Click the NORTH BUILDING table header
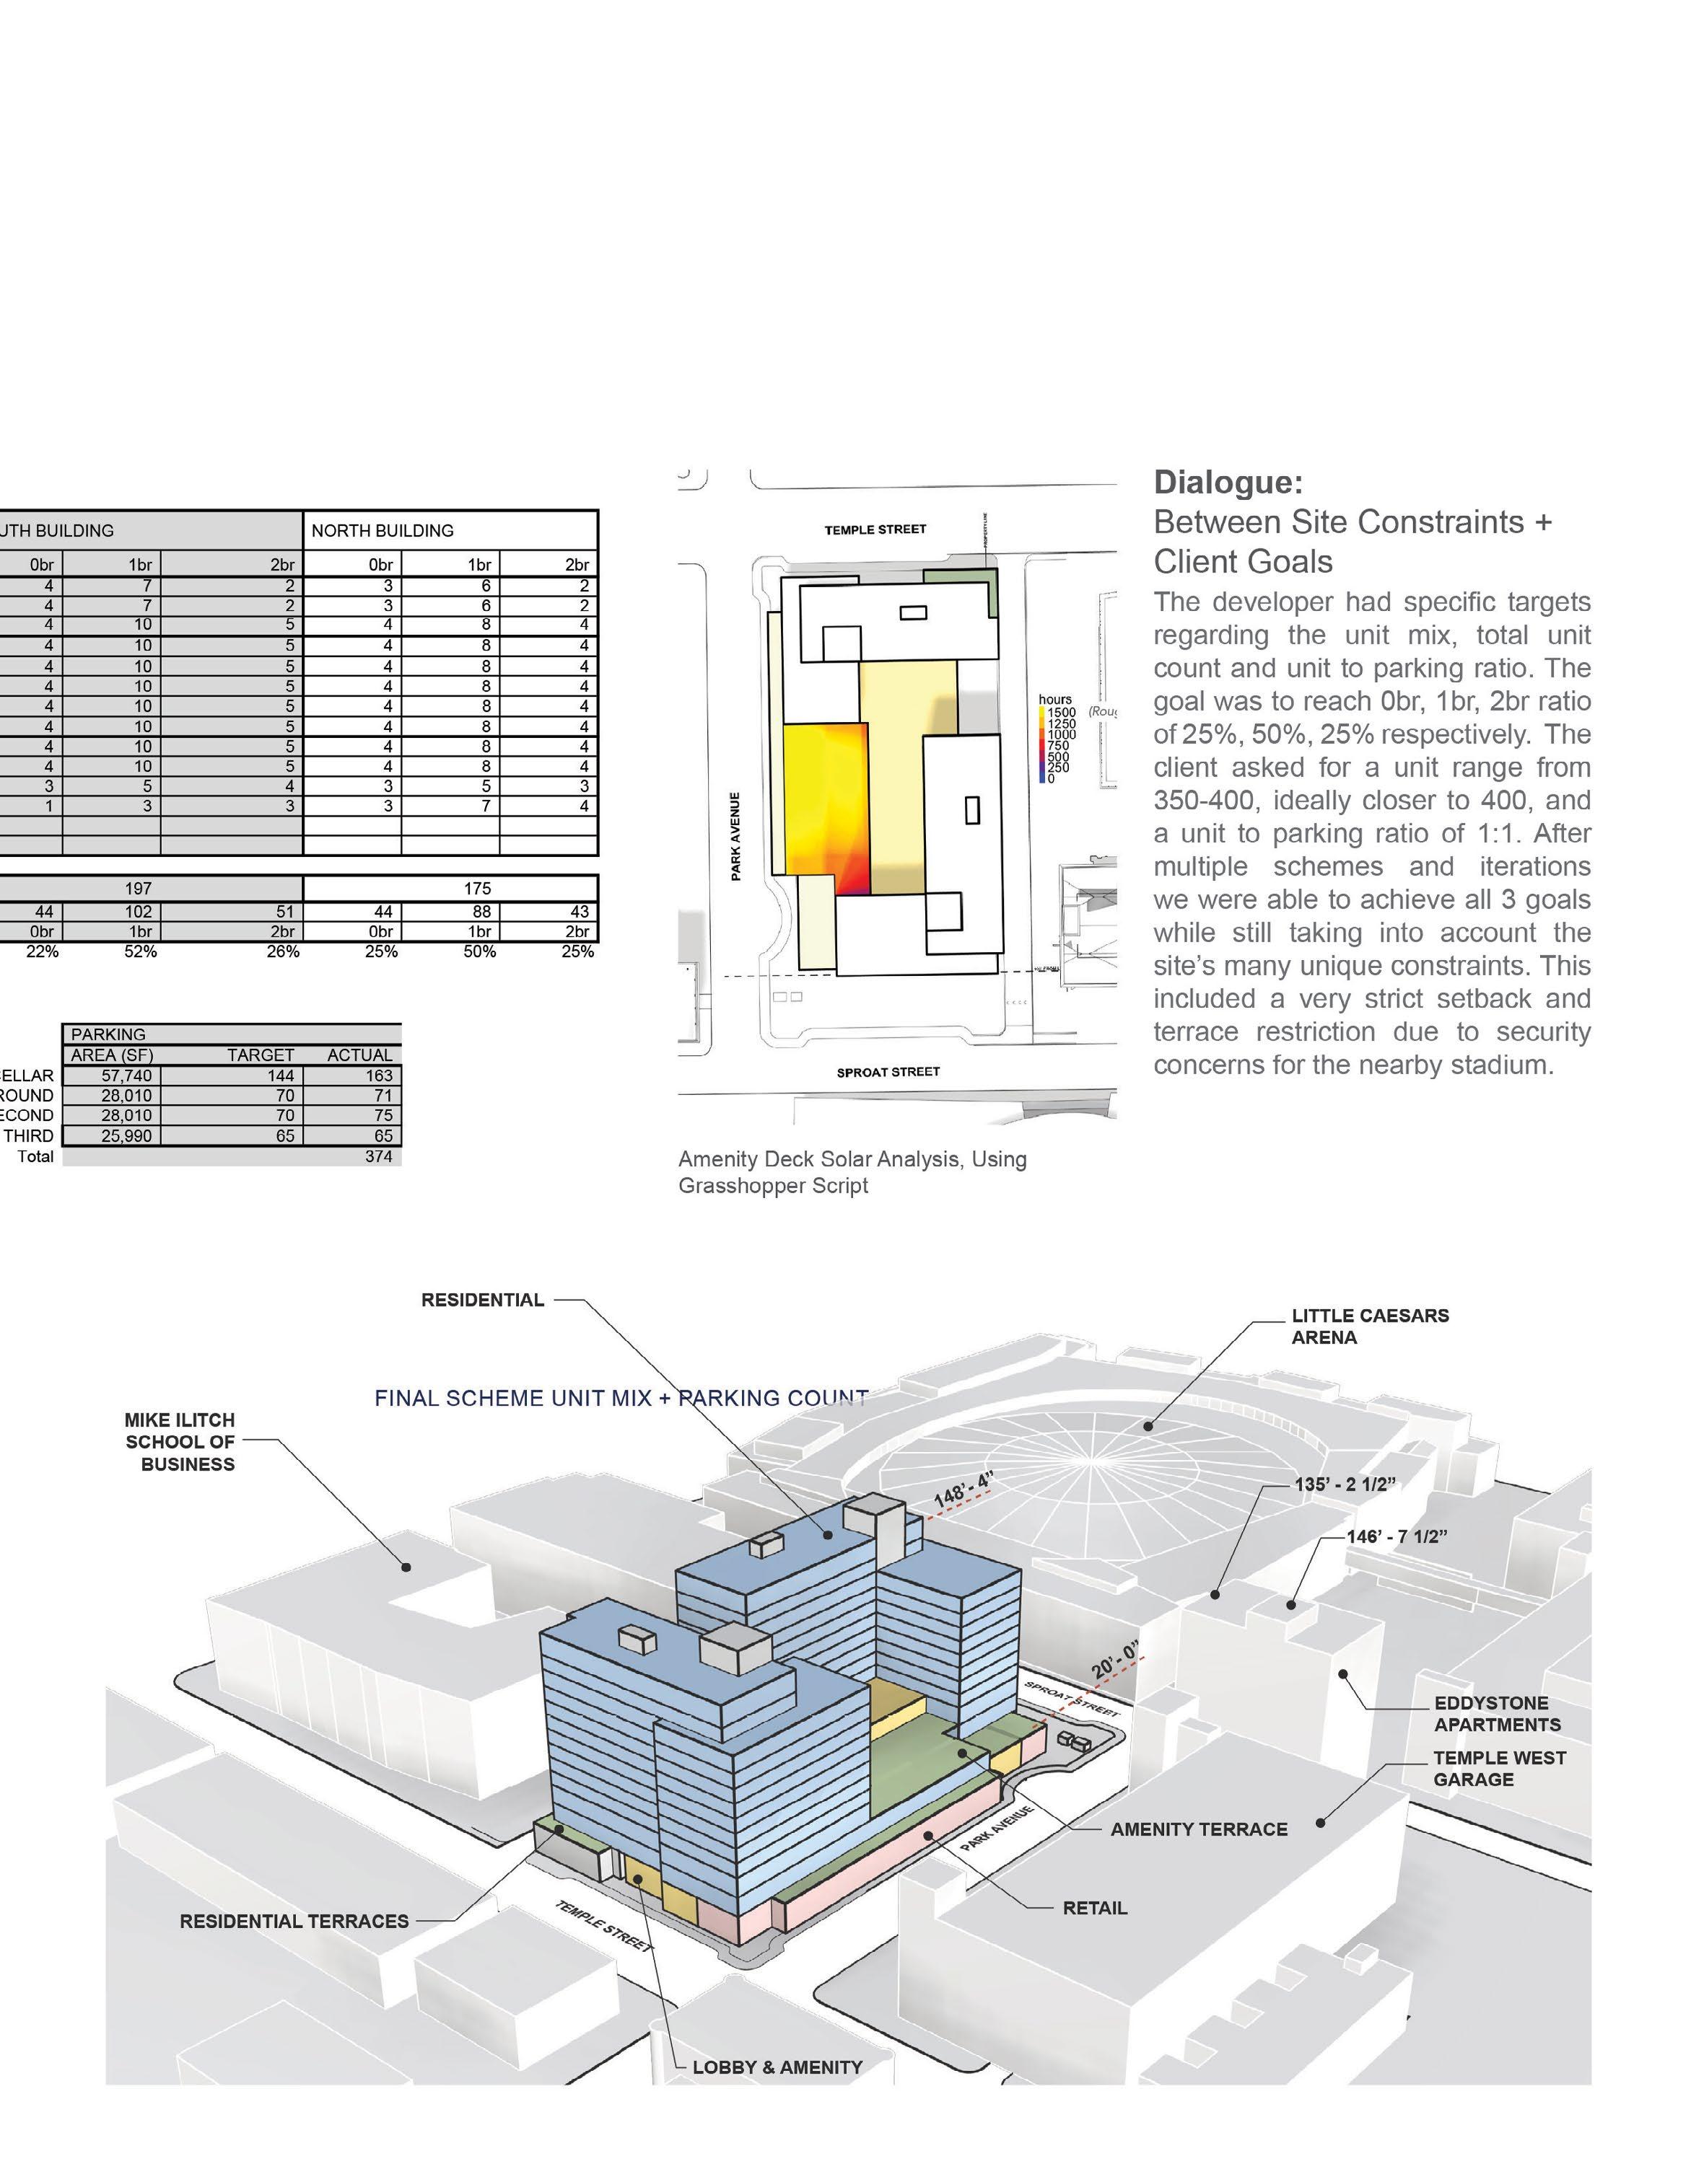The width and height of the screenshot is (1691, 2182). point(383,530)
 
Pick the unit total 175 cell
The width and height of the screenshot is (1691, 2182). point(478,888)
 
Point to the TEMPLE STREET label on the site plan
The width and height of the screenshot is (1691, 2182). point(875,529)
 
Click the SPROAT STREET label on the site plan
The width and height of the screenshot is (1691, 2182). point(888,1072)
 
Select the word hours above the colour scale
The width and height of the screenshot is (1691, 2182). point(1054,700)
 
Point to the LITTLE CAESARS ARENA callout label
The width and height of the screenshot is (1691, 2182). point(1369,1326)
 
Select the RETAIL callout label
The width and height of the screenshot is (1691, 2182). point(1094,1907)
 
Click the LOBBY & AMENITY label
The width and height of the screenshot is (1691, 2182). point(777,2067)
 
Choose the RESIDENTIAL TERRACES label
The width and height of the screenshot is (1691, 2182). point(294,1920)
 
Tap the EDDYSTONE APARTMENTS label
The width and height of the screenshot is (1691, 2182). point(1496,1713)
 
